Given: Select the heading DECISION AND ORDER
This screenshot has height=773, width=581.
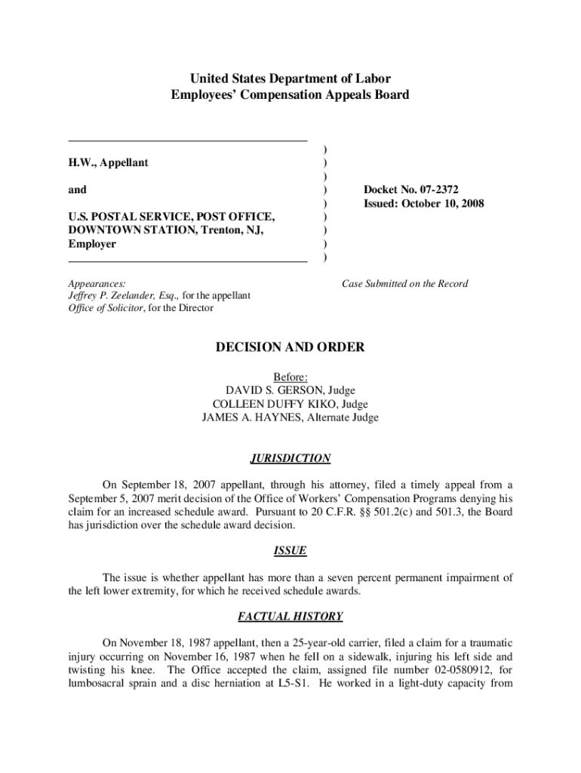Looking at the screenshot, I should [290, 347].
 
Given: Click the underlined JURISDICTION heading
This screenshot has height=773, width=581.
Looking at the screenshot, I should [290, 458].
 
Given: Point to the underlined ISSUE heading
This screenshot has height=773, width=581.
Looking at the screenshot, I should [290, 551].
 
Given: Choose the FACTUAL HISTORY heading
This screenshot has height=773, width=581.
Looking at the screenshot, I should [290, 617].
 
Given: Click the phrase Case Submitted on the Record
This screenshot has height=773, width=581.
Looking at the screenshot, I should [404, 284].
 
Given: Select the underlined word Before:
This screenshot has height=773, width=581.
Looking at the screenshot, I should [290, 377].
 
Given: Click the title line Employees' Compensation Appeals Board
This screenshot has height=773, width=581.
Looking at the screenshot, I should [290, 95].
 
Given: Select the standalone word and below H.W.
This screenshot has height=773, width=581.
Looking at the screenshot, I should [77, 189].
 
